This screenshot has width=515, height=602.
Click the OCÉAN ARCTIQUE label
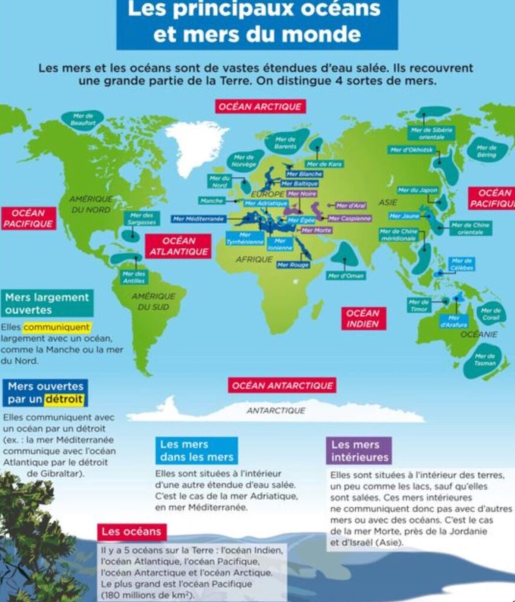(260, 107)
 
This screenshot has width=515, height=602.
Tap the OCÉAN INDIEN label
(363, 318)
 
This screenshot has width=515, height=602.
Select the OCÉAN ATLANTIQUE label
(178, 246)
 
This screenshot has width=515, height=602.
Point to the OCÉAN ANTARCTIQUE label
(282, 386)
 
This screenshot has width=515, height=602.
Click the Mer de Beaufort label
(83, 120)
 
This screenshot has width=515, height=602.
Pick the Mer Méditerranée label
(198, 219)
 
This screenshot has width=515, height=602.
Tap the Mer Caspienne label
(350, 218)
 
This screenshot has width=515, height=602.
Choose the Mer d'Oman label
(346, 276)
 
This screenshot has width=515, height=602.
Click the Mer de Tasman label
(485, 359)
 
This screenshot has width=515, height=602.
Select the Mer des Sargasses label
(141, 219)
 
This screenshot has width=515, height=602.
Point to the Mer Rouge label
(293, 265)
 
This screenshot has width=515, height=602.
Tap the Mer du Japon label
(417, 190)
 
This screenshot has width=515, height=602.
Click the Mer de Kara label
(324, 164)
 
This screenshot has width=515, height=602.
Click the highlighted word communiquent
(56, 327)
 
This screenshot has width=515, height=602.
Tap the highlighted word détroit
(64, 399)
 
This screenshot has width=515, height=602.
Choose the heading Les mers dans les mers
(196, 450)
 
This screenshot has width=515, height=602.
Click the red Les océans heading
(131, 532)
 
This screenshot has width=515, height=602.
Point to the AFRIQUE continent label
(254, 259)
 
